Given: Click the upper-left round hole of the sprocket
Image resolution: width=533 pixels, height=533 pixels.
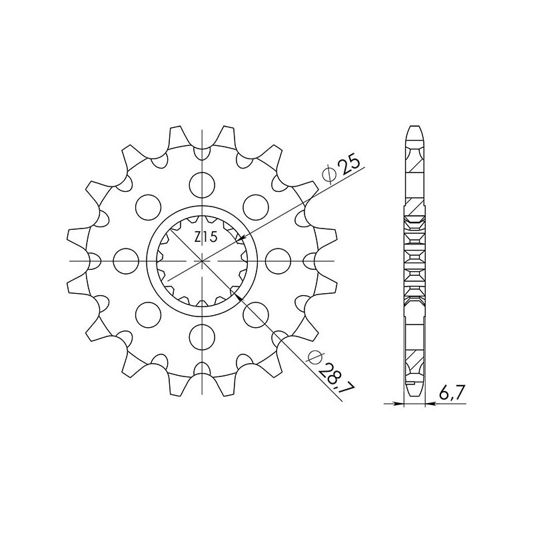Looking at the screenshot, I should pyautogui.click(x=147, y=205).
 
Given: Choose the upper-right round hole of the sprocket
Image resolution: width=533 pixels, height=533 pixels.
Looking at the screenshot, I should pyautogui.click(x=256, y=205).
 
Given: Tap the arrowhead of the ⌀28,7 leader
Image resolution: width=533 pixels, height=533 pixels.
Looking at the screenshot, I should pyautogui.click(x=235, y=291).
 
